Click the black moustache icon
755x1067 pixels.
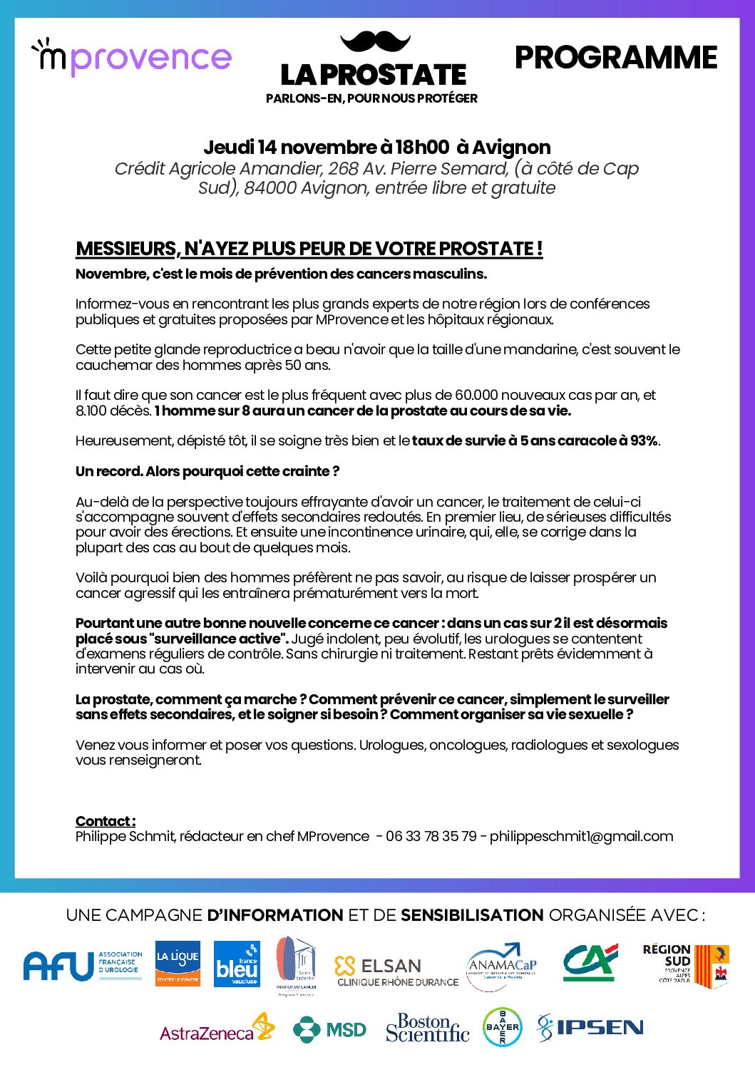click(x=376, y=41)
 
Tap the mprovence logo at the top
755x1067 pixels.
click(x=132, y=57)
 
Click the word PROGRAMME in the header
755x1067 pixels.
click(x=615, y=58)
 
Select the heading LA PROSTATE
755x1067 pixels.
click(x=373, y=75)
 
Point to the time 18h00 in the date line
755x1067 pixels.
click(x=422, y=148)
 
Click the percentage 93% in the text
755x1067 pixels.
click(x=644, y=440)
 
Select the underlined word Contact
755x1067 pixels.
click(x=105, y=821)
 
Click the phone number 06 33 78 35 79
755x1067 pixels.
click(x=431, y=836)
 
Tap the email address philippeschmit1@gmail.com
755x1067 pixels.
click(x=581, y=836)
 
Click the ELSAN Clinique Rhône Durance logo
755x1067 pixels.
click(x=396, y=971)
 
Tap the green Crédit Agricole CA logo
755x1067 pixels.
click(x=590, y=962)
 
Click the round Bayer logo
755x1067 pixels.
click(x=502, y=1027)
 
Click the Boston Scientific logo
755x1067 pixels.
click(x=427, y=1028)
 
